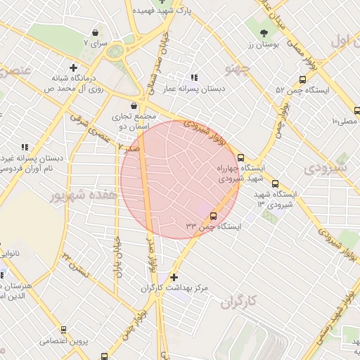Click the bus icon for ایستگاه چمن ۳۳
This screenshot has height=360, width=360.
click(214, 216)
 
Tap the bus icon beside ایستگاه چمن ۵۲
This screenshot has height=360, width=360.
click(302, 80)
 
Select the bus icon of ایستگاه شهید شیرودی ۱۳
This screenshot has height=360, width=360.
click(275, 183)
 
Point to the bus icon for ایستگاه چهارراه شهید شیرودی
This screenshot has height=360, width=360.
click(240, 158)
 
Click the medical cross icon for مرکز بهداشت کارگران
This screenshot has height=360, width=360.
click(174, 277)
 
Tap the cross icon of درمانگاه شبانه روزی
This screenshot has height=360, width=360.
click(73, 67)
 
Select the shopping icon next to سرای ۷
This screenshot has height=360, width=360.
click(96, 32)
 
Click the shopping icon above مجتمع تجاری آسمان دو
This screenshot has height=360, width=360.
click(134, 105)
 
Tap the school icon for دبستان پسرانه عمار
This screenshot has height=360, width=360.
click(194, 77)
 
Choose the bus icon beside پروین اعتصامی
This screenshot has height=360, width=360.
click(63, 329)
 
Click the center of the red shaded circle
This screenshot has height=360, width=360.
click(180, 179)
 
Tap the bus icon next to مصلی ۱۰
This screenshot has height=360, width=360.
click(357, 110)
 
